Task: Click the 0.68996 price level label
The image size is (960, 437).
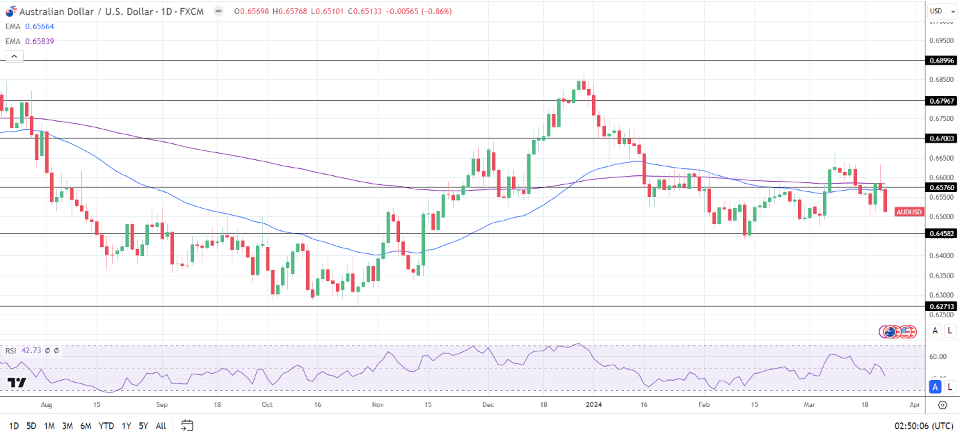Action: tap(942, 61)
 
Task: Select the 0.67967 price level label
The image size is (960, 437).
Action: tap(942, 101)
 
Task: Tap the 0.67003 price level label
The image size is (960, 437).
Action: tap(942, 138)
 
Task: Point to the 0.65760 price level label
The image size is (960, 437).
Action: tap(942, 187)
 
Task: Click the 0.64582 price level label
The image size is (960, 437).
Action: tap(942, 234)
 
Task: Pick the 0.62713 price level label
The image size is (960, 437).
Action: tap(942, 306)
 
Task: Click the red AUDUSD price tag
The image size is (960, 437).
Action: tap(909, 212)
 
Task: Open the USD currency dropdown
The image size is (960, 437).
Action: tap(939, 11)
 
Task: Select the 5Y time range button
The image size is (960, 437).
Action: tap(143, 425)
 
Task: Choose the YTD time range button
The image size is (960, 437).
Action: tap(106, 425)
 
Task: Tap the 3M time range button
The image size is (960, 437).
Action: tap(67, 425)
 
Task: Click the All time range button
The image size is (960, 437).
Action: tap(161, 425)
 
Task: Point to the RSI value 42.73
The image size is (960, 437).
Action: tap(32, 351)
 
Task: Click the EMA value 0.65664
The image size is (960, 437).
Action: tap(39, 26)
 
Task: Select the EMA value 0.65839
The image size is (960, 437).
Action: tap(39, 41)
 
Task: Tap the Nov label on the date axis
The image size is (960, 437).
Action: tap(378, 404)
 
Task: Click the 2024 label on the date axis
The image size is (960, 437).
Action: tap(593, 404)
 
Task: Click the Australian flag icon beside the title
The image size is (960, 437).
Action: tap(11, 11)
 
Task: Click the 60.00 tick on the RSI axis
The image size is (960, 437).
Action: tap(938, 357)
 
